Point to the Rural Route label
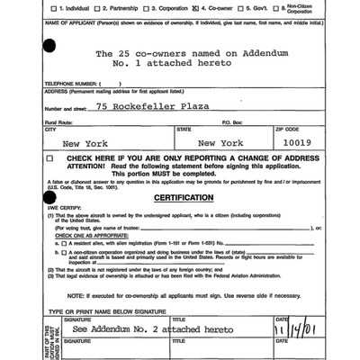coord(58,120)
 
